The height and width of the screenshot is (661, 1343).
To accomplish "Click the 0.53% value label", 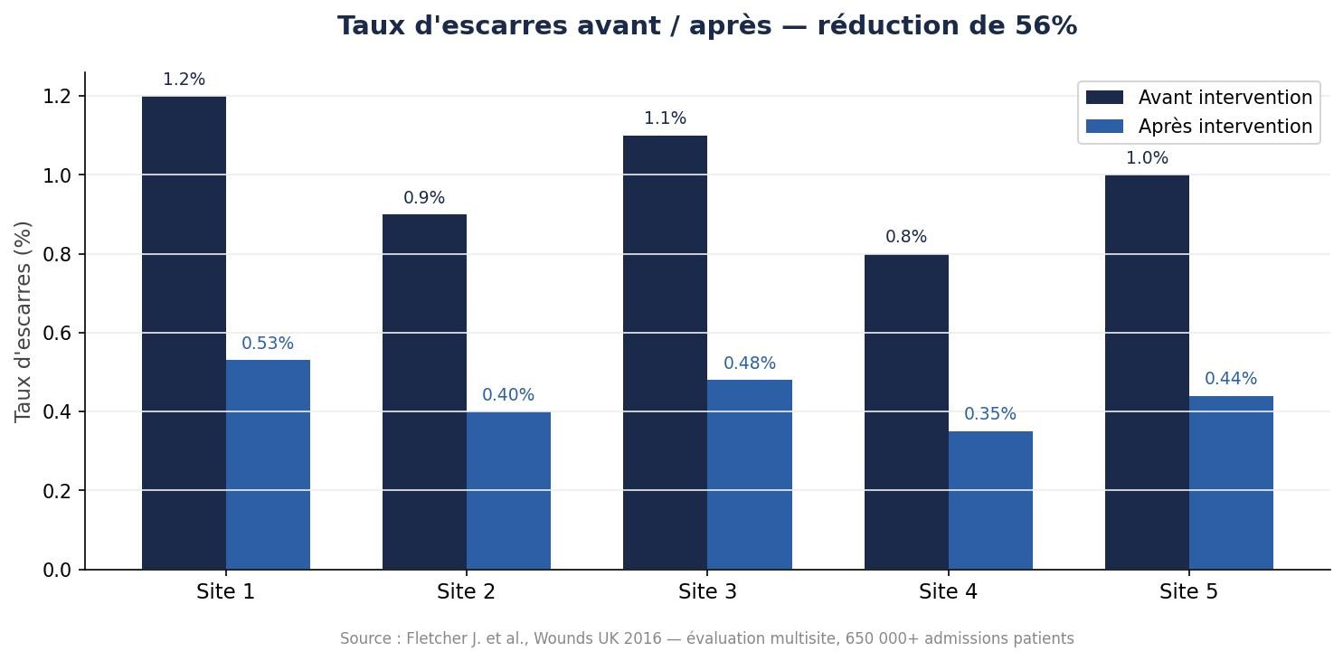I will coord(268,344).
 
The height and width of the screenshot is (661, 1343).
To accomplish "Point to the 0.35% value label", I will coord(990,414).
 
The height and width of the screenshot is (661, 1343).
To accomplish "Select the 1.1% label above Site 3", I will coord(665,118).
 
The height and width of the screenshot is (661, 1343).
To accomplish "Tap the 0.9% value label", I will coord(424,198).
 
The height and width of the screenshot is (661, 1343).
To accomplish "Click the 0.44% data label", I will coord(1231,379).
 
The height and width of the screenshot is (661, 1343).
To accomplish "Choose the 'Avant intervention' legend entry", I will coord(1199,98).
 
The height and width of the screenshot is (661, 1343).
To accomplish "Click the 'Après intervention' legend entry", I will coord(1199,127).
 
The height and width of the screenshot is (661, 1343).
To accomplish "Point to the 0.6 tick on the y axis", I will coord(59,333).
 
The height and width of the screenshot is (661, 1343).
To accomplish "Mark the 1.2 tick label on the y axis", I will coord(59,96).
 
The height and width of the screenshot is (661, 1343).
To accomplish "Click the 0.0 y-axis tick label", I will coord(59,570).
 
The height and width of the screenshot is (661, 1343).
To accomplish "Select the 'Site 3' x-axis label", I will coord(707,592).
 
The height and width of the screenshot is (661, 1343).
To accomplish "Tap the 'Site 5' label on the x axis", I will coord(1188,592).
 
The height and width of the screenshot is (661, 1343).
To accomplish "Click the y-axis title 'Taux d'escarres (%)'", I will coord(24,321).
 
